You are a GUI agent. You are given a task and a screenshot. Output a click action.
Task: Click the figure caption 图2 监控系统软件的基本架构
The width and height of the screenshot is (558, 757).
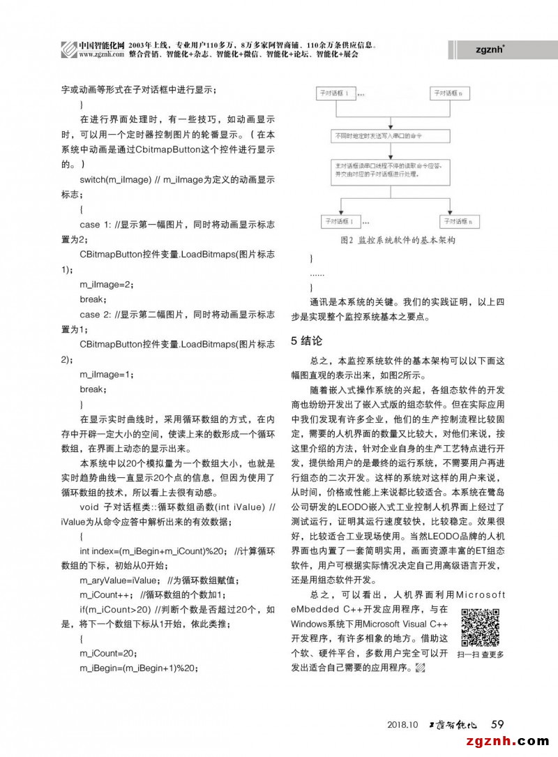click(398, 241)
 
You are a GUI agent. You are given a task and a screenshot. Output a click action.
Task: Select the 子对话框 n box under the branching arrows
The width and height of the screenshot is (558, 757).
click(454, 222)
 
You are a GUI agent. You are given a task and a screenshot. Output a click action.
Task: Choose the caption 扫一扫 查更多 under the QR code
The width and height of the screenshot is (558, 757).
click(480, 655)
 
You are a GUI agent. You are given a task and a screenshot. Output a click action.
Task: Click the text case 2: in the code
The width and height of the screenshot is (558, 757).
click(96, 314)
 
